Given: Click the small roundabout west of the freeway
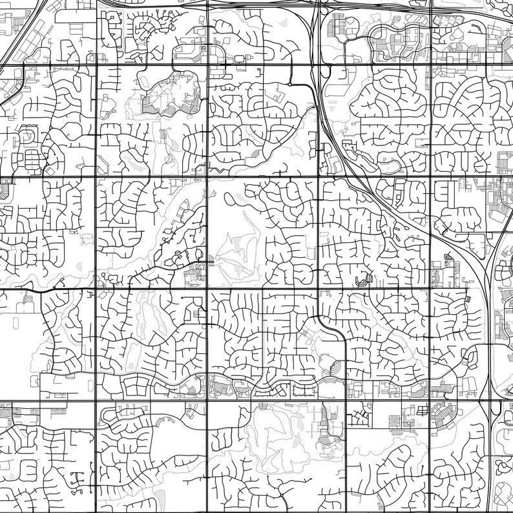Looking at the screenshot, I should tap(291, 85).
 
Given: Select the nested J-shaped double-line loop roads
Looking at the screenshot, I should tap(364, 279).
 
